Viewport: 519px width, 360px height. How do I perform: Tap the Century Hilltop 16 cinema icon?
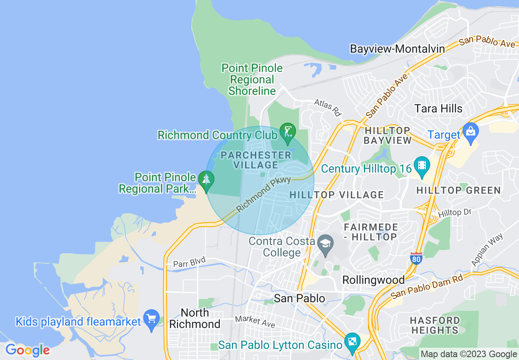[422, 166]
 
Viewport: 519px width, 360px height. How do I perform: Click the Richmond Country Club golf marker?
[287, 132]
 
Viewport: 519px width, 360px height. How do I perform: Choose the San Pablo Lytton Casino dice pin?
[352, 342]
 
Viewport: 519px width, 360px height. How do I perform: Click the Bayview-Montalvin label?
[397, 49]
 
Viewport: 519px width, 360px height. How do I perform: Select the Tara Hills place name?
[438, 108]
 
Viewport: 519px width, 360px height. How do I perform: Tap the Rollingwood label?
[373, 280]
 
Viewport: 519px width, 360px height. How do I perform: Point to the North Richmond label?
[195, 319]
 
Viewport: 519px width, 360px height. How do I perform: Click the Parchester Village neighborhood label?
[256, 160]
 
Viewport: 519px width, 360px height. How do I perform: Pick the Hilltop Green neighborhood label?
[458, 190]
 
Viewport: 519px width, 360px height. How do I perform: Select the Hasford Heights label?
[435, 325]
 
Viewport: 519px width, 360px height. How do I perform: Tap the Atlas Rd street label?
[327, 107]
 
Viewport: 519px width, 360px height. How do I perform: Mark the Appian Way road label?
[487, 250]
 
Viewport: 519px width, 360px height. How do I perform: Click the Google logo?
[28, 350]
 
